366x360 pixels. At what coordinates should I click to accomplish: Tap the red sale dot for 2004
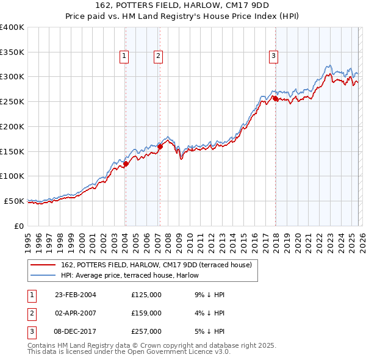126,164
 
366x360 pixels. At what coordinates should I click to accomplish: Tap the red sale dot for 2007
159,146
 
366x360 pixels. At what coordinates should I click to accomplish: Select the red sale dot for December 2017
275,98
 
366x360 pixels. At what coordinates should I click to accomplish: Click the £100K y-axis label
12,176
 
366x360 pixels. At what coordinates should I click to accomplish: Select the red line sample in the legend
43,264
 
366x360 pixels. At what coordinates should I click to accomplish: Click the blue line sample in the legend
43,275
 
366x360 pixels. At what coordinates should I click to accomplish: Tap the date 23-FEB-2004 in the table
75,295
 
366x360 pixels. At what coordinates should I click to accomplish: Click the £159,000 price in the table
146,313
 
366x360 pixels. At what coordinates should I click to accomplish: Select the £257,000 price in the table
146,331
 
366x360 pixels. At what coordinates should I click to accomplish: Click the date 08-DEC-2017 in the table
75,331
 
